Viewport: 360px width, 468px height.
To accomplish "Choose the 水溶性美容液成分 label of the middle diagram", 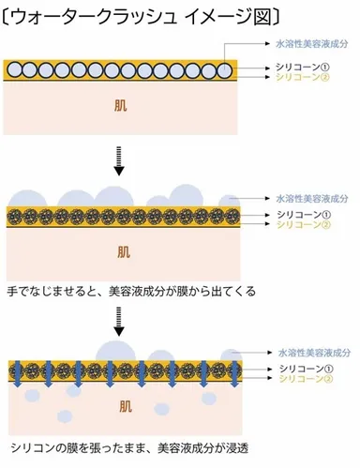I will click(311, 199).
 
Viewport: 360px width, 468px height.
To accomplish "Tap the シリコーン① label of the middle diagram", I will click(300, 216).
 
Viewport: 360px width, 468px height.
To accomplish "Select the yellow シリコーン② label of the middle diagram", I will click(300, 226).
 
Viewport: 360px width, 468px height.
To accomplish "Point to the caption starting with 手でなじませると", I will click(130, 292).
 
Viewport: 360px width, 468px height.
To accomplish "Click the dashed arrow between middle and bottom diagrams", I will click(119, 325).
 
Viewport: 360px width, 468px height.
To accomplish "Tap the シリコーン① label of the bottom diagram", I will click(300, 370).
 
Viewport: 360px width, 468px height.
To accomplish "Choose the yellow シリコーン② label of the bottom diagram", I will click(300, 381).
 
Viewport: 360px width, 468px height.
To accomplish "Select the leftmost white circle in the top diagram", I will click(15, 68).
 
